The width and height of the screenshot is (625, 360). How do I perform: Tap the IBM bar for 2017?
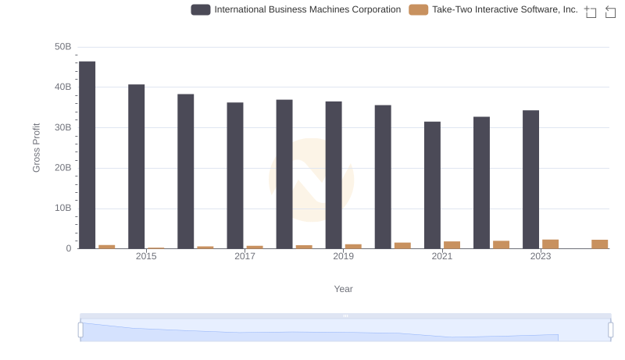(235, 176)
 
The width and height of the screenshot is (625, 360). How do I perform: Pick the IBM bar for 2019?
(334, 175)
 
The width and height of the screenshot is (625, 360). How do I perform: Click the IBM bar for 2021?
(432, 185)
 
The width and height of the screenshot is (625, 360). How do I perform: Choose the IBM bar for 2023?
(531, 180)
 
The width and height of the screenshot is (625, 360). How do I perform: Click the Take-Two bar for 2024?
(600, 244)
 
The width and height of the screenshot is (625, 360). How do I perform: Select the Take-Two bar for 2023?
(551, 244)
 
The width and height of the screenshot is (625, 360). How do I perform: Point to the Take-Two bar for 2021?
(452, 245)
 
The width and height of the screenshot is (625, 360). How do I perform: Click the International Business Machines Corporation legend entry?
(297, 10)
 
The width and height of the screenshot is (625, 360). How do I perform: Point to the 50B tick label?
(62, 47)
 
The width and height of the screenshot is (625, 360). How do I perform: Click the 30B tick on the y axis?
(62, 127)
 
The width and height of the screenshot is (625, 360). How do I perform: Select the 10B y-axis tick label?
(62, 208)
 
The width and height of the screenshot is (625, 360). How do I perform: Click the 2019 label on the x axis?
(343, 256)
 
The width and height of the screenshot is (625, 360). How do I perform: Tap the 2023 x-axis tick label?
(541, 256)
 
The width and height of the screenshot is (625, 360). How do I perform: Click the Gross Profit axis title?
(36, 148)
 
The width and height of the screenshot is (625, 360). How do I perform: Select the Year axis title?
(344, 289)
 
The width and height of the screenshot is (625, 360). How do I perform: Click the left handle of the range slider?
(80, 330)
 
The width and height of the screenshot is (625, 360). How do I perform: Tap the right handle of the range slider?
(611, 330)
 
